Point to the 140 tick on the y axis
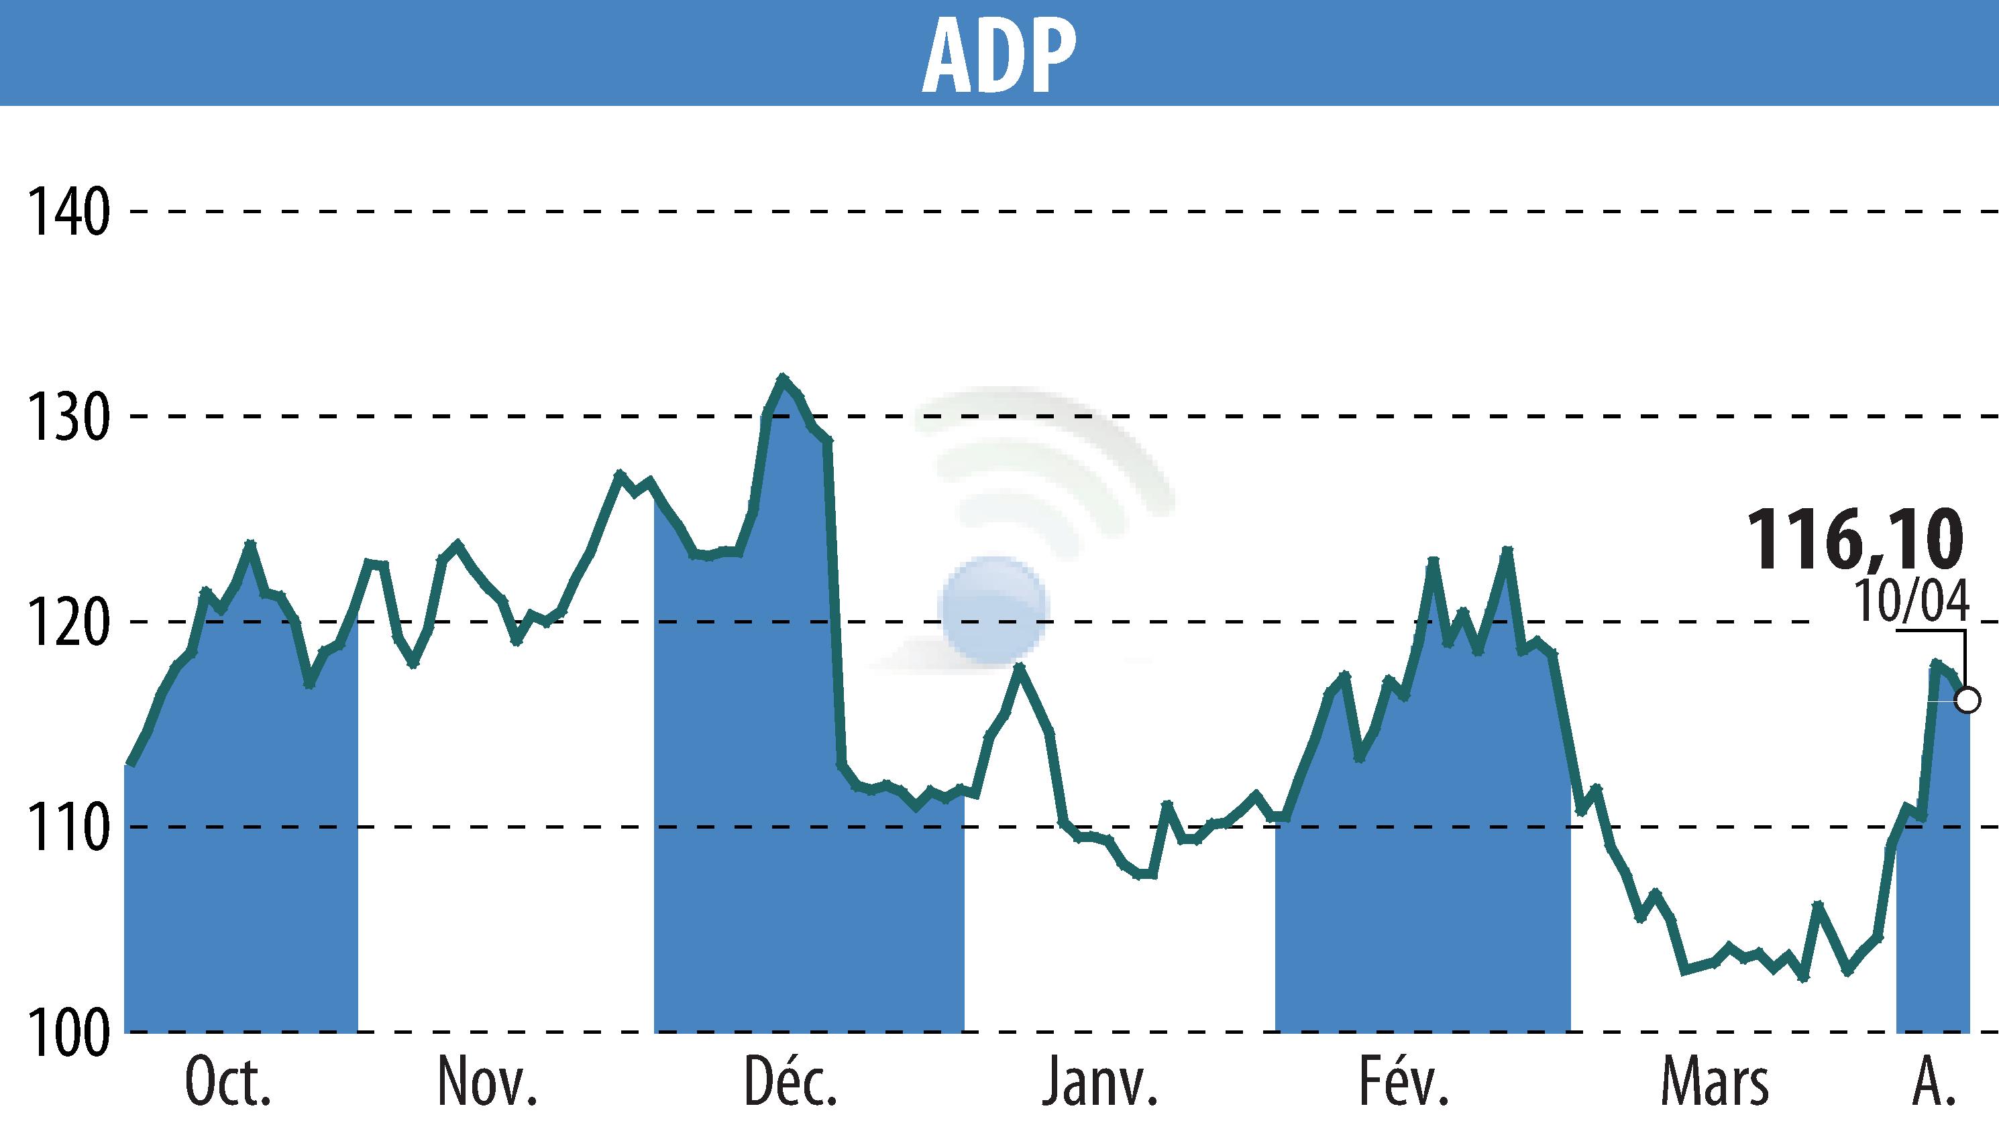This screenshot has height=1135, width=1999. point(67,212)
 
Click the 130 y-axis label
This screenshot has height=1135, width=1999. point(67,417)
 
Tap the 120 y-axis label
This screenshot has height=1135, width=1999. point(67,622)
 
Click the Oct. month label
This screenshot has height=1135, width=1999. point(228,1083)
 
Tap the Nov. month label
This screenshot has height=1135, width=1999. point(488,1083)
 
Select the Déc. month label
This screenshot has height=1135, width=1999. point(790,1083)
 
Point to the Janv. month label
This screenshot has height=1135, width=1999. point(1099,1083)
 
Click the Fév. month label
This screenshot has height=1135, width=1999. point(1403,1083)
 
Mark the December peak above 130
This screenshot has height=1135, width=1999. point(782,377)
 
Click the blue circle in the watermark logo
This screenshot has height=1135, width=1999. point(993,609)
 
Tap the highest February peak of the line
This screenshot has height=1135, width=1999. point(1507,550)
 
